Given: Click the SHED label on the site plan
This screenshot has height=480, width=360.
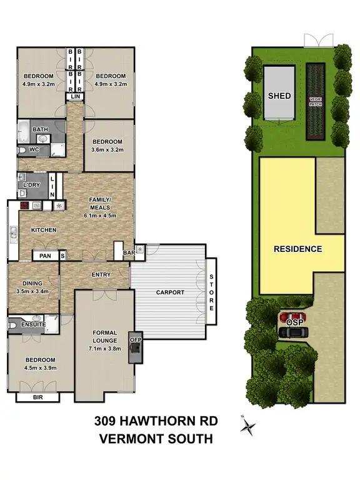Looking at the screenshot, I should click(279, 97).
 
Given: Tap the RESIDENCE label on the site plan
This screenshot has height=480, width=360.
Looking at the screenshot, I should click(298, 249).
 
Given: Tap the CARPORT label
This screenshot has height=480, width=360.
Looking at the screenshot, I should click(169, 292).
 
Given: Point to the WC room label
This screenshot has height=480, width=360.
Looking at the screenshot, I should click(34, 150).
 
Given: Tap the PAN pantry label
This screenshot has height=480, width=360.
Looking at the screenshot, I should click(44, 255).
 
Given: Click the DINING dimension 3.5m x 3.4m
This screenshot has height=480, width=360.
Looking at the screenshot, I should click(32, 291).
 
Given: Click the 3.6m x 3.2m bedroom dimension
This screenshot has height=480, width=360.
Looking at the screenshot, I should click(108, 149).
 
